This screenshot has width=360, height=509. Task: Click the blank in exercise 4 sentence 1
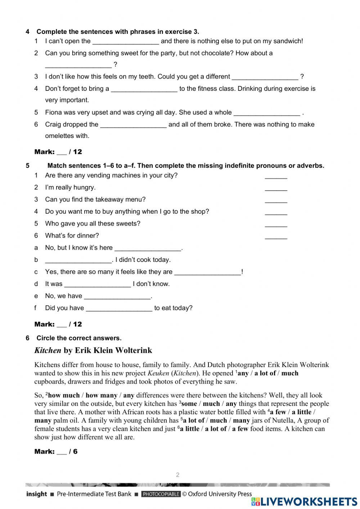tap(125, 41)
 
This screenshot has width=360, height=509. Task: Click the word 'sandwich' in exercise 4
tap(287, 41)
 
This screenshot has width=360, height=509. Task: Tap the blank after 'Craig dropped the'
tap(133, 125)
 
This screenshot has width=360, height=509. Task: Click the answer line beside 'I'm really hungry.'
tap(276, 188)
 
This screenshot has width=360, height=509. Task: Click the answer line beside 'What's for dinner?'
tap(276, 236)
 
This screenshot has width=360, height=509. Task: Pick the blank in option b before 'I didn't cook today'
tap(78, 260)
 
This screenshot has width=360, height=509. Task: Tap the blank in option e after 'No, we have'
tap(117, 296)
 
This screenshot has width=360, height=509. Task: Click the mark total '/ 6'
tap(73, 451)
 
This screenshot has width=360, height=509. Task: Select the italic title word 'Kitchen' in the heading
tap(48, 351)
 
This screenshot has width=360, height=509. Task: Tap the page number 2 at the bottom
tap(177, 475)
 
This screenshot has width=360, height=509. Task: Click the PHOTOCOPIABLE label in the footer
tap(161, 494)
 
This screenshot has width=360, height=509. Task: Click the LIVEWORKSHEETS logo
tap(305, 501)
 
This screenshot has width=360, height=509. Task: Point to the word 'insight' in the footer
tap(36, 494)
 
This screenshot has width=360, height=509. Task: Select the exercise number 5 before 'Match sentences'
tap(28, 166)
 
